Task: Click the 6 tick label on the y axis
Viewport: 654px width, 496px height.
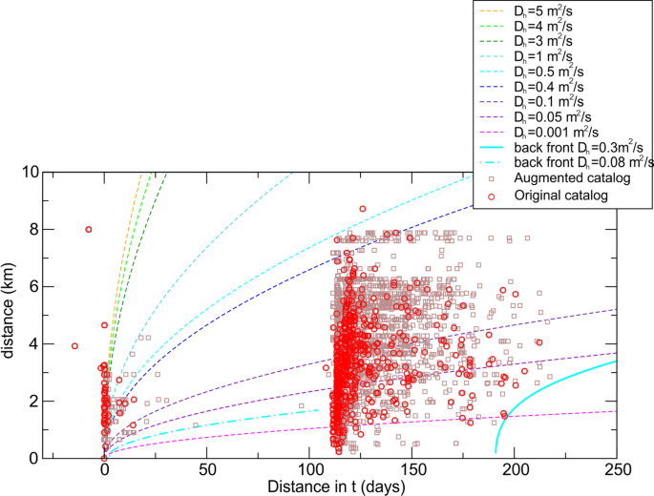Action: coord(87,286)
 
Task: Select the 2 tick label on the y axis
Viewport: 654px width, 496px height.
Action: coord(87,401)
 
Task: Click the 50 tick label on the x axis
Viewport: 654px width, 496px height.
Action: coord(207,469)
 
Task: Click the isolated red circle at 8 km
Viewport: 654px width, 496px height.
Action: coord(89,229)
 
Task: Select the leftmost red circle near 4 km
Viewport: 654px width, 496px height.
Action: coord(74,346)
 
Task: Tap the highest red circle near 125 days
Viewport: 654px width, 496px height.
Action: coord(363,209)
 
